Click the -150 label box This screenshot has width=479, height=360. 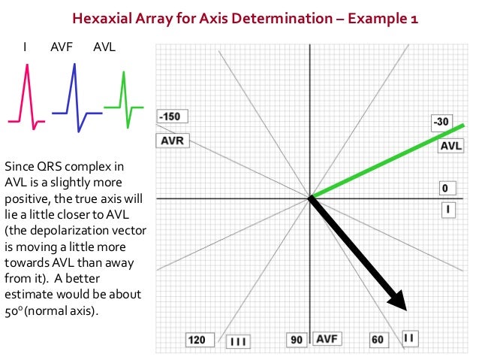172,116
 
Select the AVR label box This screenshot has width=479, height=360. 172,140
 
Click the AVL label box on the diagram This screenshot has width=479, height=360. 450,145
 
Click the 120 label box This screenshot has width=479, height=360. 196,340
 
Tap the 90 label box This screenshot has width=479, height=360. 297,340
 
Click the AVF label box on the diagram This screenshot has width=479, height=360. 327,340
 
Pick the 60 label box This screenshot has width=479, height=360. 377,340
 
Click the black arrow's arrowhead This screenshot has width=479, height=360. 398,301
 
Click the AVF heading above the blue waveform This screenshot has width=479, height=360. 62,47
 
